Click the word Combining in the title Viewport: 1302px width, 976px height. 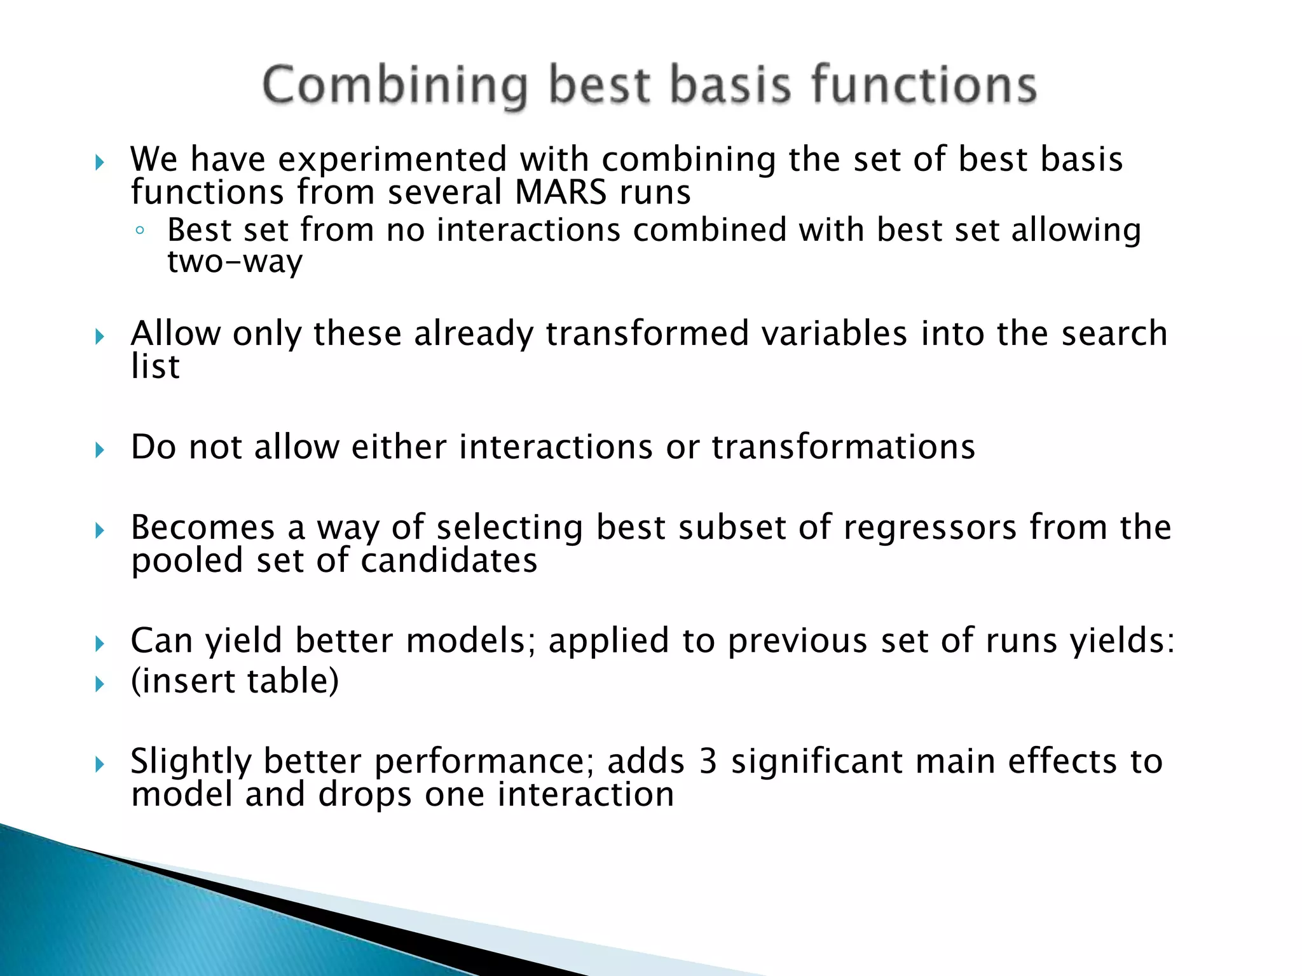(394, 86)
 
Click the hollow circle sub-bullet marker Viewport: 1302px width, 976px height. (140, 231)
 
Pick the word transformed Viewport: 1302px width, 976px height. (647, 334)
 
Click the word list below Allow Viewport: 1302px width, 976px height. (155, 367)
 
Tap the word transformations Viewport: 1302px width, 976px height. (843, 447)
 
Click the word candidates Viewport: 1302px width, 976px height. (449, 560)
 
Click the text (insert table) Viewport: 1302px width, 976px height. (235, 681)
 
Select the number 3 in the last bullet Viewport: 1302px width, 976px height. (708, 761)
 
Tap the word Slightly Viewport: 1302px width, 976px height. (191, 761)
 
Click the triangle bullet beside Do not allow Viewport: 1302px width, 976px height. (99, 451)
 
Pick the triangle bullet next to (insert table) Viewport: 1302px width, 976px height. (99, 684)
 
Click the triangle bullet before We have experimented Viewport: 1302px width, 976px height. (99, 163)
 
